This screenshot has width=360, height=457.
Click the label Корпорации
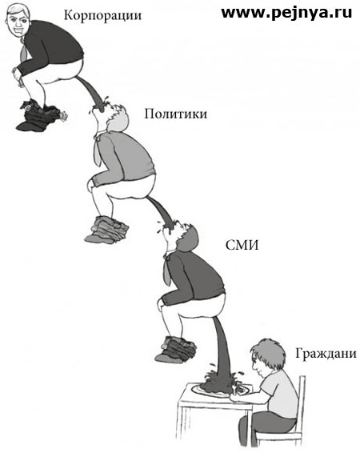102,15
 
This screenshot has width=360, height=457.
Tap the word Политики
176,114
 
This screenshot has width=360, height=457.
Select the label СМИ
242,246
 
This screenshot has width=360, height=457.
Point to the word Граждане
326,354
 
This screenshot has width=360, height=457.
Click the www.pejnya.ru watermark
286,13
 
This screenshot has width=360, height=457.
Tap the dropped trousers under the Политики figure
107,230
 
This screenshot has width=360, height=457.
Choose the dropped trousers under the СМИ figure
176,349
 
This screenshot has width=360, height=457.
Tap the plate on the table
222,390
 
